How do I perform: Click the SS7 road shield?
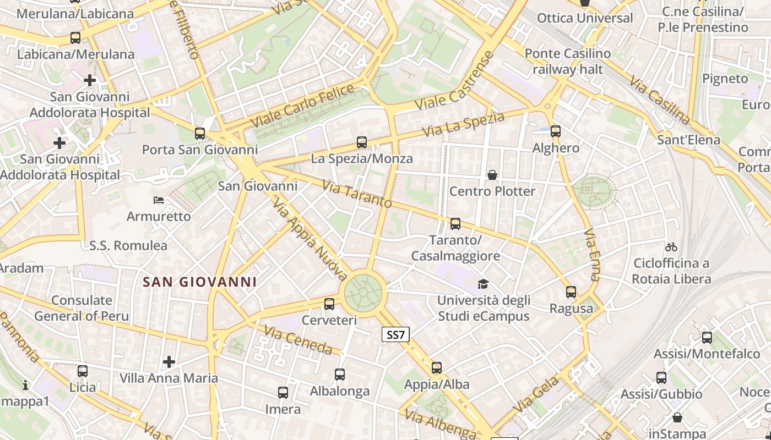click(x=396, y=334)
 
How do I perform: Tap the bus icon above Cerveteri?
click(x=329, y=304)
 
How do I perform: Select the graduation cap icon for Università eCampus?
click(x=483, y=284)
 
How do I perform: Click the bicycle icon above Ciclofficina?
click(x=671, y=247)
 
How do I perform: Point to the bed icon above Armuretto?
click(x=159, y=200)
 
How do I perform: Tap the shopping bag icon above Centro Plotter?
click(x=492, y=175)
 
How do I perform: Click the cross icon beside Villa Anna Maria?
click(x=169, y=362)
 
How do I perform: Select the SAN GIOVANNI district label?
click(x=200, y=282)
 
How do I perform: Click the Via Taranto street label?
click(x=357, y=195)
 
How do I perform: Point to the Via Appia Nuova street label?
click(x=310, y=240)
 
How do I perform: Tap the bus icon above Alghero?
click(x=556, y=131)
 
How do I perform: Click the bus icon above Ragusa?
click(x=571, y=292)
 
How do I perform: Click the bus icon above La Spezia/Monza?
click(x=362, y=142)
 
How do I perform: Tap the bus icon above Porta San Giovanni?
click(x=200, y=133)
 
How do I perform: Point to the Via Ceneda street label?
click(x=298, y=340)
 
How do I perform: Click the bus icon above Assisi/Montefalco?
click(x=707, y=338)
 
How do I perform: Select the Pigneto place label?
click(x=725, y=78)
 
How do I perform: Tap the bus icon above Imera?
click(x=283, y=393)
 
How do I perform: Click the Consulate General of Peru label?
click(x=82, y=308)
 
